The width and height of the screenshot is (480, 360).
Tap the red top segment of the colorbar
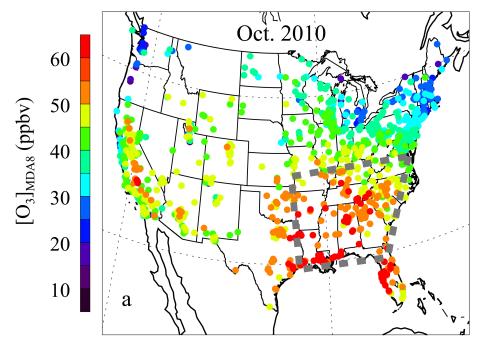[86, 45]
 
